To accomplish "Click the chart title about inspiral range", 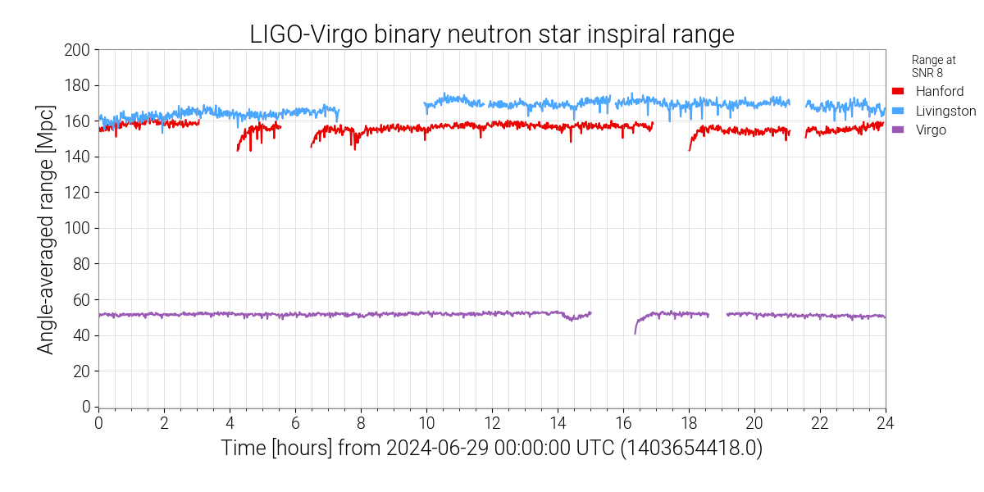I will tap(492, 34).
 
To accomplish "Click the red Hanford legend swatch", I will tap(898, 91).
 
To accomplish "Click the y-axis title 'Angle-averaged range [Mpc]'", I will tap(47, 229).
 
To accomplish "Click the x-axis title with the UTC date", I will tap(492, 449).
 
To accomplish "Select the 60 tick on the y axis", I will tap(80, 300).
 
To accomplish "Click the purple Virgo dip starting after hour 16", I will tap(636, 329).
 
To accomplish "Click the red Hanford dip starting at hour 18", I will tap(691, 144).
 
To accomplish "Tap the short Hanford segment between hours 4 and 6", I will tap(257, 130).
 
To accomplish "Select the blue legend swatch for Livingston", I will tap(898, 111).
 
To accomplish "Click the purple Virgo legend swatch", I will tap(898, 130).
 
